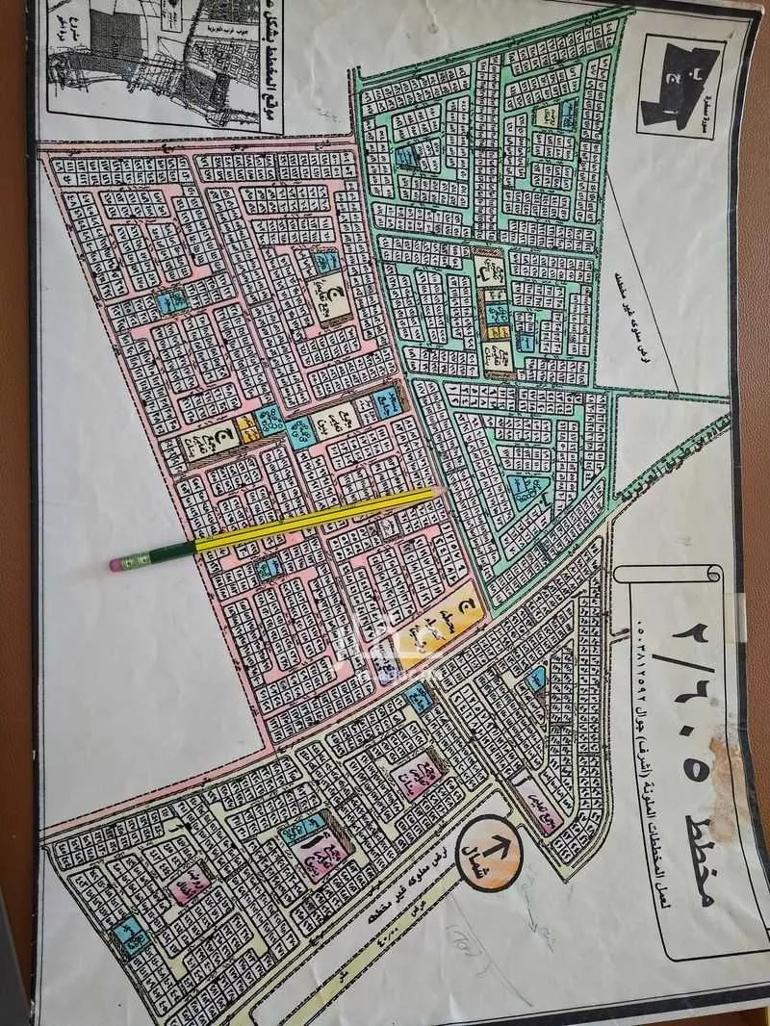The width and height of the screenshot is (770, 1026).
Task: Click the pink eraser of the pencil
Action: pyautogui.click(x=116, y=564)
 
